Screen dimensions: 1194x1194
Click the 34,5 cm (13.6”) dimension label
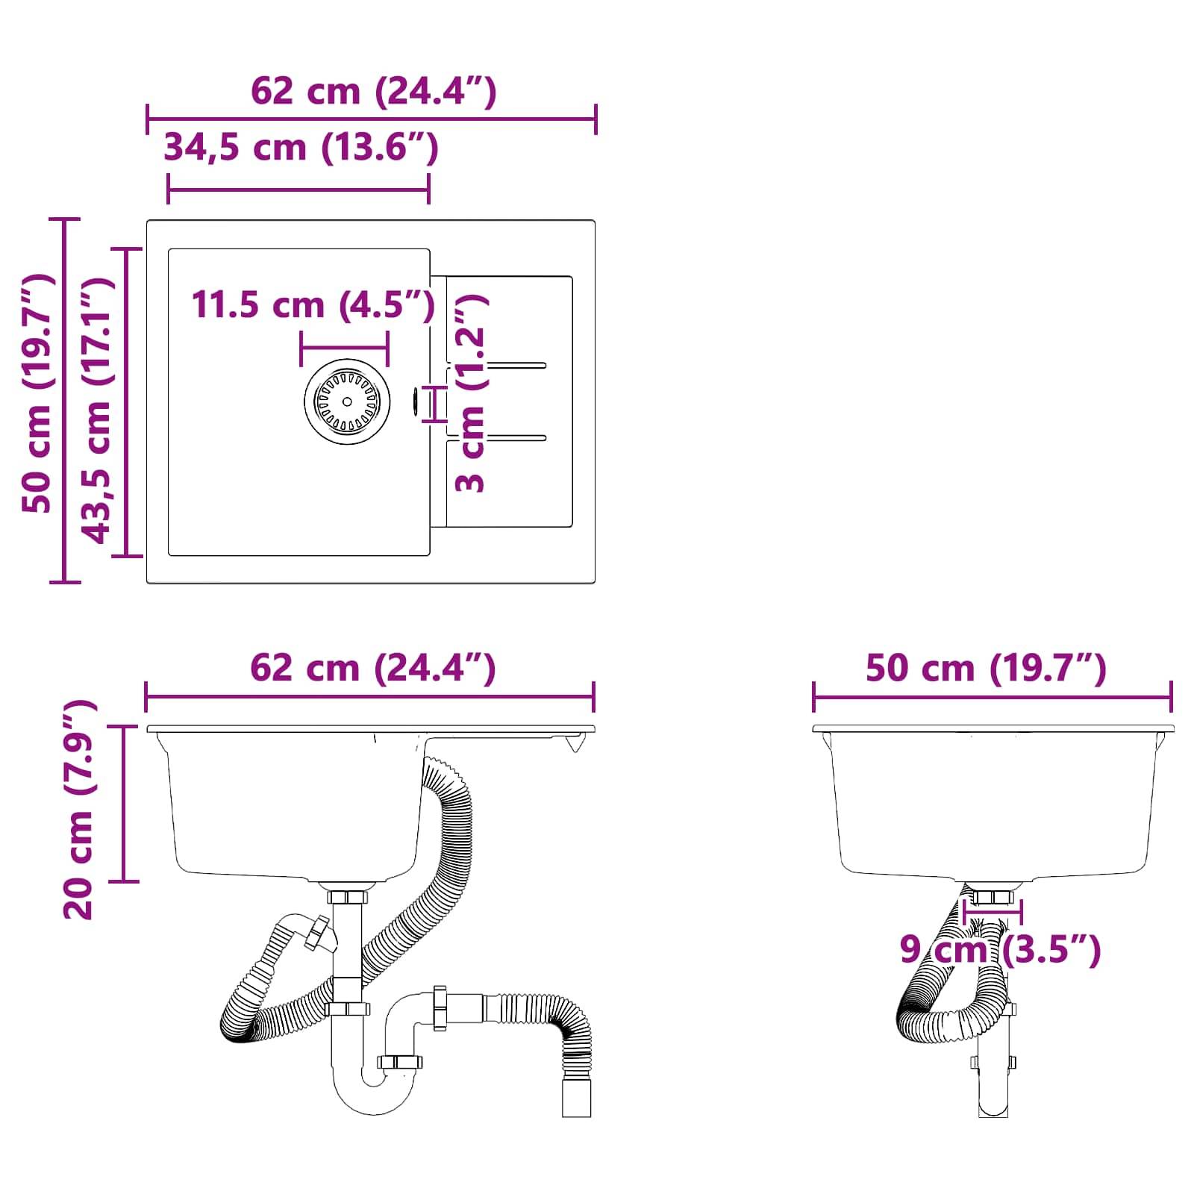point(301,147)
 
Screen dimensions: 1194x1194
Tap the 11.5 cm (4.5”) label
point(313,304)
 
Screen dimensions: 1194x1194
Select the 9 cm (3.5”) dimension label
point(1000,950)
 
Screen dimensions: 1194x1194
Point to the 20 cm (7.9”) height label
point(79,810)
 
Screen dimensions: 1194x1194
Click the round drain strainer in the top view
point(347,401)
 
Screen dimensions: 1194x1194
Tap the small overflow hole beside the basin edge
point(415,401)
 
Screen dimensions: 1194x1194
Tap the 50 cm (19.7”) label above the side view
point(985,667)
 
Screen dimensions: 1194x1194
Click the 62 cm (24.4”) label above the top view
point(373,92)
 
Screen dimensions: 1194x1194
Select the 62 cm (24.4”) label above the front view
point(372,667)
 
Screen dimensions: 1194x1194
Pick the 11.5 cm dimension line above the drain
point(344,348)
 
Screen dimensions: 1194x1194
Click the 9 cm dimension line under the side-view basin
point(993,910)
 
